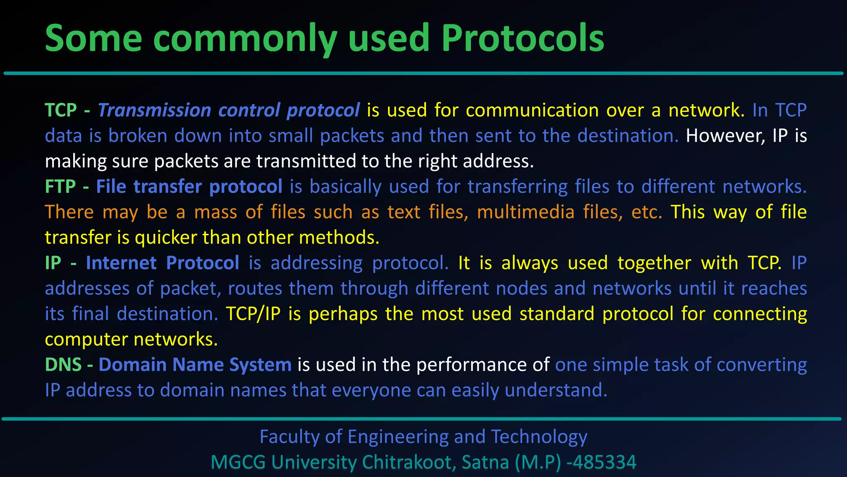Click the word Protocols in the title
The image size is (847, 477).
tap(522, 38)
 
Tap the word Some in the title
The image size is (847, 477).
tap(93, 38)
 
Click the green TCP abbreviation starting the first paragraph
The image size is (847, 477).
tap(61, 110)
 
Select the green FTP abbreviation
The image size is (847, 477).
tap(60, 187)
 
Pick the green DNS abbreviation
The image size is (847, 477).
tap(63, 365)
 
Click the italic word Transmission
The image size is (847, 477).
tap(154, 110)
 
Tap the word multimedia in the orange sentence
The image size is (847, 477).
tap(526, 212)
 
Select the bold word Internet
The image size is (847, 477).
tap(121, 263)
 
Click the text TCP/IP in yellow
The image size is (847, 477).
tap(253, 314)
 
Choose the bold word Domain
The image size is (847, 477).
tap(132, 365)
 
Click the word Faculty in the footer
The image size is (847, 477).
tap(289, 437)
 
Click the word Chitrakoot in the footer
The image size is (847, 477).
tap(409, 463)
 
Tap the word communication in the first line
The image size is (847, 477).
tap(532, 110)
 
